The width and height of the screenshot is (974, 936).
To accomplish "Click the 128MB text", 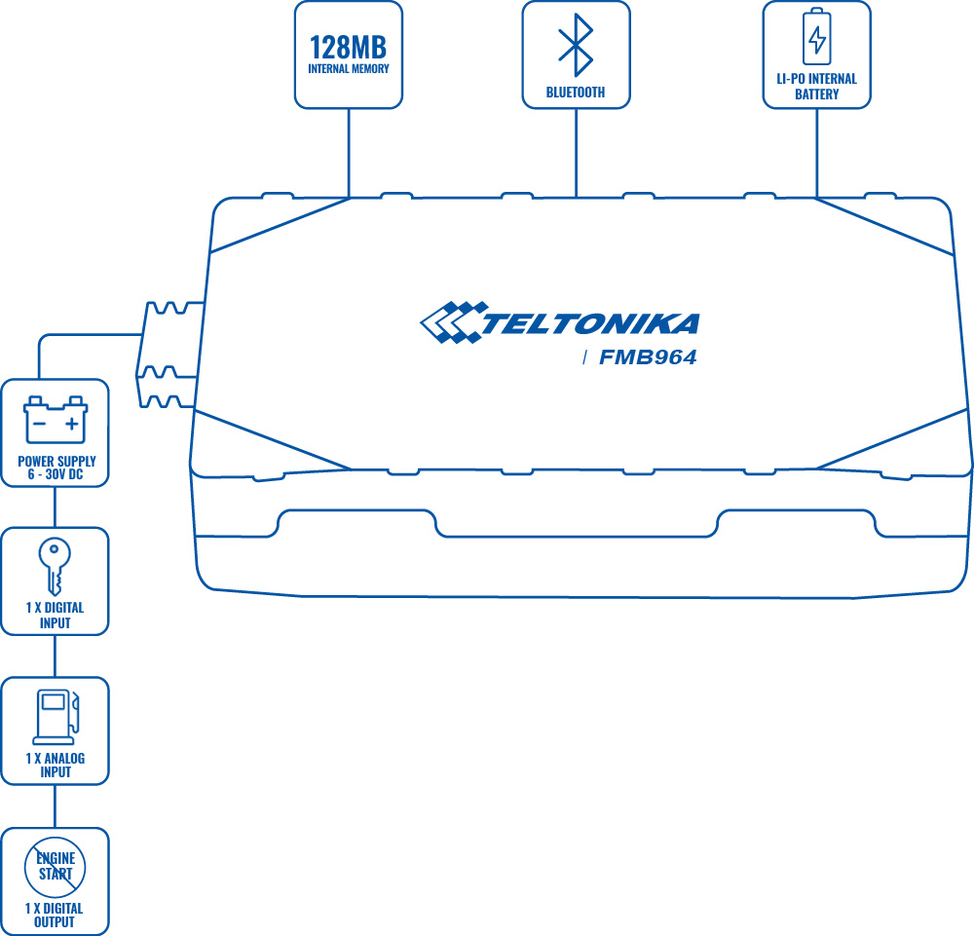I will pos(349,47).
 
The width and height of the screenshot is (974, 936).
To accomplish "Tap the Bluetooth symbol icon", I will pos(576,45).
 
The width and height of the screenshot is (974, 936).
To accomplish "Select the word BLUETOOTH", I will pos(576,93).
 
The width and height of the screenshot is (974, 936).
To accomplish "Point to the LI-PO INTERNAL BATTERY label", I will pos(816,87).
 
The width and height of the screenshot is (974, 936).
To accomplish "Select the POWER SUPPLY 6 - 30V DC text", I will pos(56,468).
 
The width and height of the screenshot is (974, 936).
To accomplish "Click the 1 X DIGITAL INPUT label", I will pos(56,616).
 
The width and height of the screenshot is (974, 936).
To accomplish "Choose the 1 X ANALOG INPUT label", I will pos(56,766).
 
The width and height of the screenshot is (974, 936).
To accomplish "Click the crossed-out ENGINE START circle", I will pos(56,866).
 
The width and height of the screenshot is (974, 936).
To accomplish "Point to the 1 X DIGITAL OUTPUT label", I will pos(56,915).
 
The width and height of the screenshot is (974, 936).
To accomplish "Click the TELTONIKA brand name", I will pos(590,323).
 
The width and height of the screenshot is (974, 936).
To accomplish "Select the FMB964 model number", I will pos(648,358).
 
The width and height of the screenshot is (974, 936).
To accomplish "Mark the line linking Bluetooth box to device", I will pos(576,151).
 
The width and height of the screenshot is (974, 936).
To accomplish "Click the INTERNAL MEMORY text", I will pos(349,69).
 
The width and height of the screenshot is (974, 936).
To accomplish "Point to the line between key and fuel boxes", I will pos(55,656).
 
